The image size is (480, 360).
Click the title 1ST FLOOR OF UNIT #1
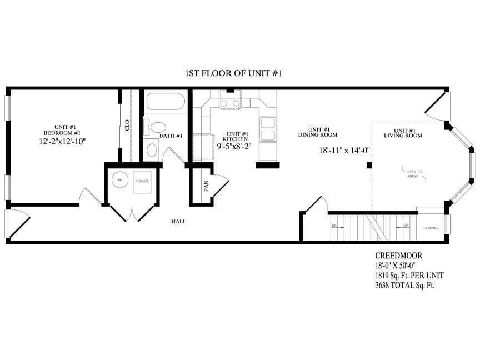[x=234, y=73]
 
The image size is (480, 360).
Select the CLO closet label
[x=127, y=124]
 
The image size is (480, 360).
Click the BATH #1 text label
[x=171, y=136]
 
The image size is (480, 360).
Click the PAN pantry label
[x=205, y=186]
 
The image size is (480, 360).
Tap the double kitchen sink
[x=268, y=129]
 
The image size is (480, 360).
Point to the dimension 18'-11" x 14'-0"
[x=344, y=150]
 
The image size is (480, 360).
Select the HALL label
[x=179, y=221]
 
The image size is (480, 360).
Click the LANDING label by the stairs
[x=431, y=228]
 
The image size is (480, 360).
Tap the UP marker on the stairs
[x=405, y=226]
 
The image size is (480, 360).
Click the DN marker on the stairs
[x=334, y=226]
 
